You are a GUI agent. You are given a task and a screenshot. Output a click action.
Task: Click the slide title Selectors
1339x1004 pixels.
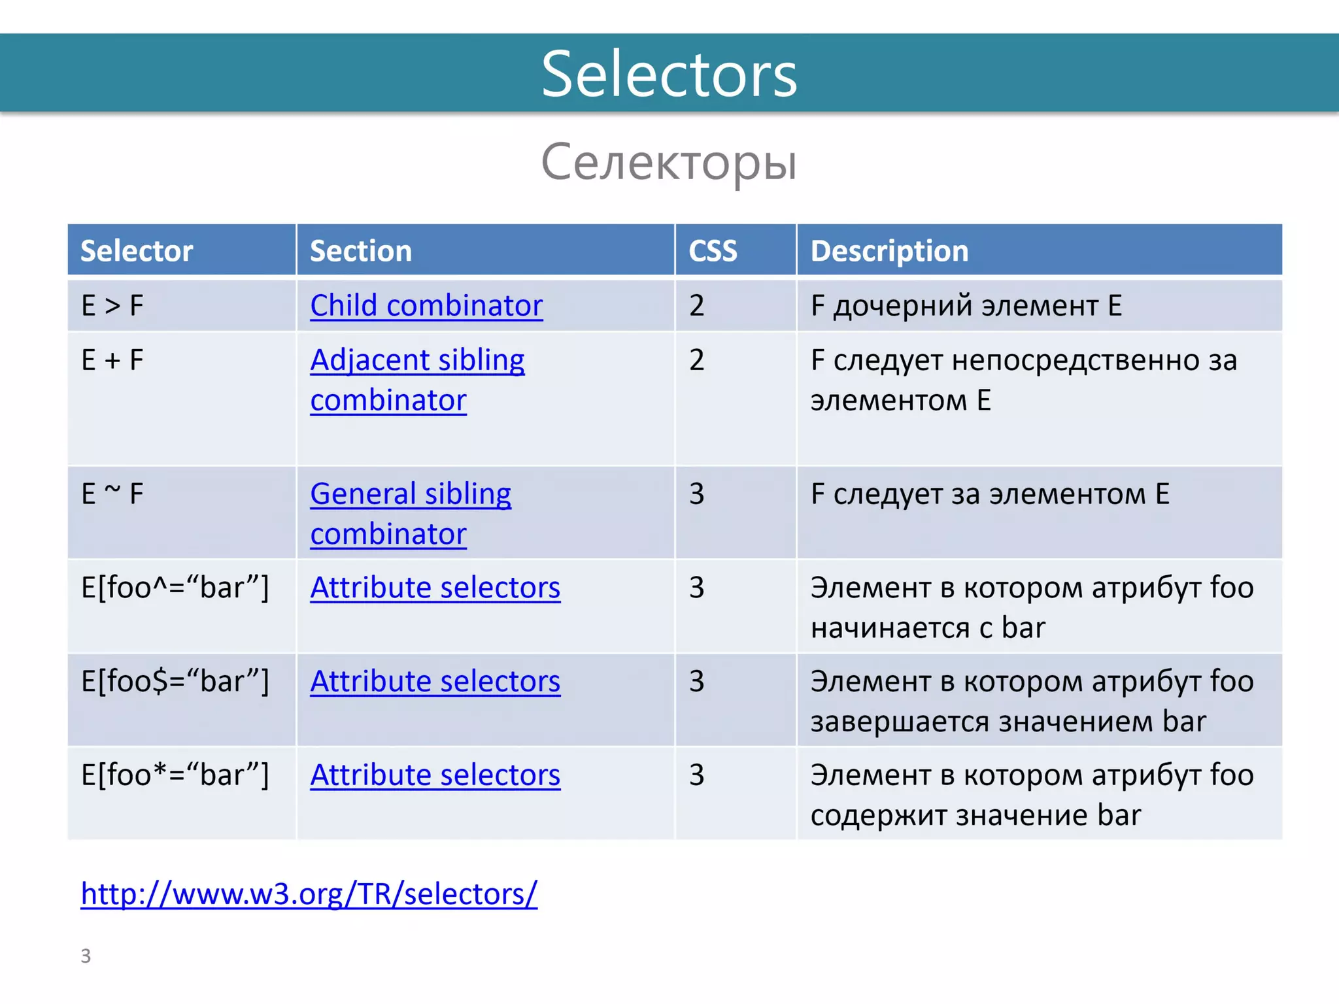click(669, 74)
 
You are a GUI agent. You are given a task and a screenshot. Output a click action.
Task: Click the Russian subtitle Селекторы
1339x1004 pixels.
click(669, 162)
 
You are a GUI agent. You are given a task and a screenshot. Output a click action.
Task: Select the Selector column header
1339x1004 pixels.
click(137, 251)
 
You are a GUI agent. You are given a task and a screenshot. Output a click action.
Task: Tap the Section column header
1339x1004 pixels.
click(361, 251)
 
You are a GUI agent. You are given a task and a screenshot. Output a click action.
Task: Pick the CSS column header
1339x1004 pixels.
click(713, 251)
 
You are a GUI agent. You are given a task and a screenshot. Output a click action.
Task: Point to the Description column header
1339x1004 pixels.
click(889, 251)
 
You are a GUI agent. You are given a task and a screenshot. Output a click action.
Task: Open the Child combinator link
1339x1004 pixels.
click(426, 305)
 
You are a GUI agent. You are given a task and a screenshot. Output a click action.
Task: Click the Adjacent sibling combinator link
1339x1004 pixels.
click(417, 360)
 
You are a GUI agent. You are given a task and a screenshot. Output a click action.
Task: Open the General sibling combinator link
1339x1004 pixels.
click(411, 494)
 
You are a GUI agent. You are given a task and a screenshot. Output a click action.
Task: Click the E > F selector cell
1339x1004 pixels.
click(112, 305)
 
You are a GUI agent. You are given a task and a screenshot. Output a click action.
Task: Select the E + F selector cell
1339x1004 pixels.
click(112, 360)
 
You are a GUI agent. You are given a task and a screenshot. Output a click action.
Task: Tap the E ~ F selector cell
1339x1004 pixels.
click(112, 494)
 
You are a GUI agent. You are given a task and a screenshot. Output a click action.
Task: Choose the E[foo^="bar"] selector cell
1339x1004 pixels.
click(175, 588)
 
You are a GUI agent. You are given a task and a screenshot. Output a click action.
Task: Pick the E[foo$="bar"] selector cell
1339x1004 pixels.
click(175, 682)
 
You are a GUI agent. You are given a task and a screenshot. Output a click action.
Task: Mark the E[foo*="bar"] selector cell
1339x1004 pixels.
click(175, 775)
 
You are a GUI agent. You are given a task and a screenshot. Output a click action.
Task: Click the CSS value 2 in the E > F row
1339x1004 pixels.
click(697, 305)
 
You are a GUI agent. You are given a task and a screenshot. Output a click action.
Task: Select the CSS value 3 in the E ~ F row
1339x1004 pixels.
click(697, 494)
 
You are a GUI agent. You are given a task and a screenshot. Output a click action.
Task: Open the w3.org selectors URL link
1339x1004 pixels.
click(309, 894)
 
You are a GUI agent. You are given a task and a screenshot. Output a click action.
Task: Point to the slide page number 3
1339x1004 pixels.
click(86, 956)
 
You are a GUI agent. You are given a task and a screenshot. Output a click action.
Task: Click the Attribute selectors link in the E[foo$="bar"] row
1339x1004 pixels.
click(435, 682)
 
